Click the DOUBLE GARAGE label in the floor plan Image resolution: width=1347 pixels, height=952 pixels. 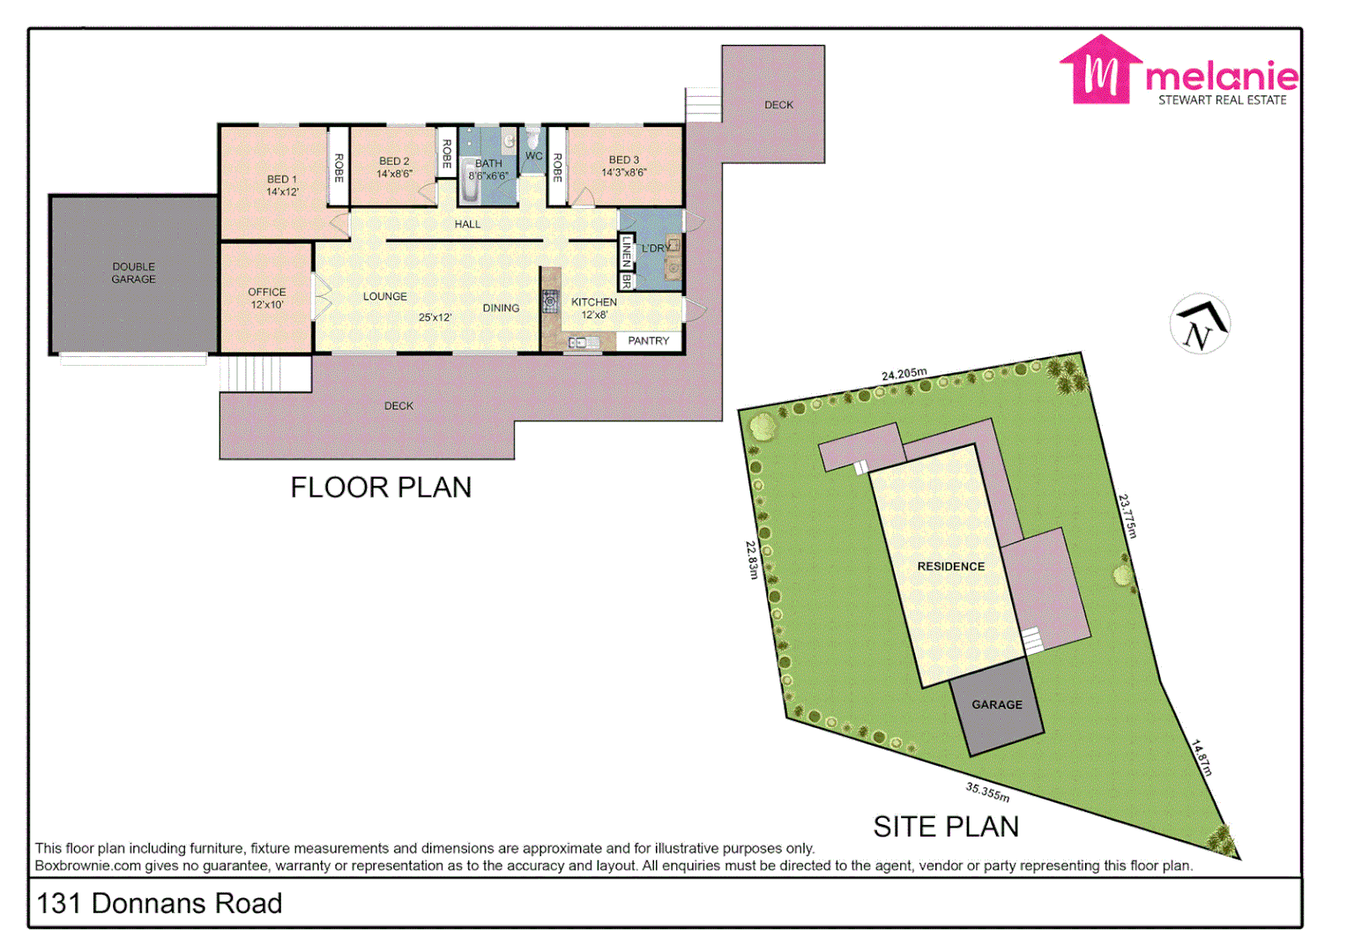click(133, 273)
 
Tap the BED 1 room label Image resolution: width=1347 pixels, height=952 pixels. click(282, 185)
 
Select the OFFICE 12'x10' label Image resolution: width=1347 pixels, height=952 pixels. click(266, 298)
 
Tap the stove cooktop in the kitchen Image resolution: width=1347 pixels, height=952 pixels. click(550, 302)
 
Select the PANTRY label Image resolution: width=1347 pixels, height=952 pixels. click(648, 341)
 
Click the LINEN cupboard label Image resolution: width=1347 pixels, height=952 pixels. click(627, 252)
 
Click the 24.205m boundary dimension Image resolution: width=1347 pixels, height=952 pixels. click(904, 375)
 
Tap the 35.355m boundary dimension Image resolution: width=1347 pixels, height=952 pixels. click(987, 792)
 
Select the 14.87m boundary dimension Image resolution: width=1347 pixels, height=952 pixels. click(1202, 758)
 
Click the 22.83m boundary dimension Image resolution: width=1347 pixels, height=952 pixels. click(752, 560)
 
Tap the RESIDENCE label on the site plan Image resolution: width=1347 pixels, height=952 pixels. click(950, 567)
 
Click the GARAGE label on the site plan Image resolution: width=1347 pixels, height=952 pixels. click(997, 705)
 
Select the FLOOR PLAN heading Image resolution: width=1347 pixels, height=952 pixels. click(381, 487)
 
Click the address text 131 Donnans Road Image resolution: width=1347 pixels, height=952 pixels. click(160, 904)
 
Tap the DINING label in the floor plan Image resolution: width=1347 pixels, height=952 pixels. click(501, 309)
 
